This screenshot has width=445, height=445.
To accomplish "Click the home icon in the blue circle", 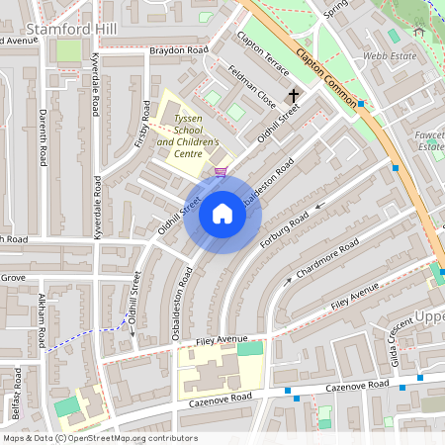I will [x=222, y=213].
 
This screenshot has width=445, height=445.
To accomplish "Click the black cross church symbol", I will [x=293, y=96].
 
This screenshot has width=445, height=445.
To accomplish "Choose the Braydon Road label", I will [x=179, y=49].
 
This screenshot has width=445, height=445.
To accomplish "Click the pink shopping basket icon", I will [x=220, y=171].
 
